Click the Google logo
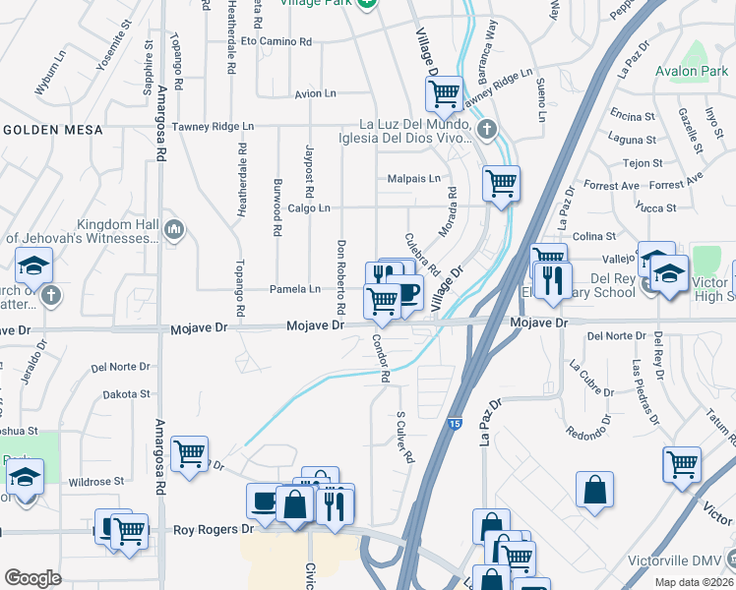(32, 578)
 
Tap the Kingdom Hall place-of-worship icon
(175, 228)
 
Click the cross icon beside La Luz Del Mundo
(486, 130)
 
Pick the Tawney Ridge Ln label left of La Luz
(213, 126)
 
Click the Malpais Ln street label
(414, 178)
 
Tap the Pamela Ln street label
(295, 289)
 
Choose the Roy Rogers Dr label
(214, 529)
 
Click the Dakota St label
(128, 393)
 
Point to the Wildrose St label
(96, 482)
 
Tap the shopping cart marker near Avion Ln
(444, 94)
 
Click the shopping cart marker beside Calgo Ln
(501, 183)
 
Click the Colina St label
(594, 236)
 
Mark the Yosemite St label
(110, 52)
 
